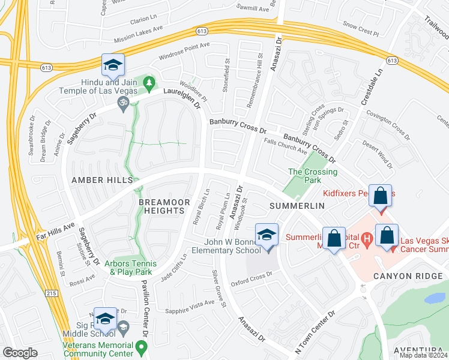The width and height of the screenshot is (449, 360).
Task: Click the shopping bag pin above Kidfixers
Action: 381,196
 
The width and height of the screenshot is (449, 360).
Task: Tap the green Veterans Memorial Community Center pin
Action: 141,346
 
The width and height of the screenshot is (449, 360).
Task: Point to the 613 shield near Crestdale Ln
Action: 393,61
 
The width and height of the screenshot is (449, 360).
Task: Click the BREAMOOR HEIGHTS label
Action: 161,206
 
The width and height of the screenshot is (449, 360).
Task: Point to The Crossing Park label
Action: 313,176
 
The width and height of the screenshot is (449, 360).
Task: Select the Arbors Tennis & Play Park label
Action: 131,268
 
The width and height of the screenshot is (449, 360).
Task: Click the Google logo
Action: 20,353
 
